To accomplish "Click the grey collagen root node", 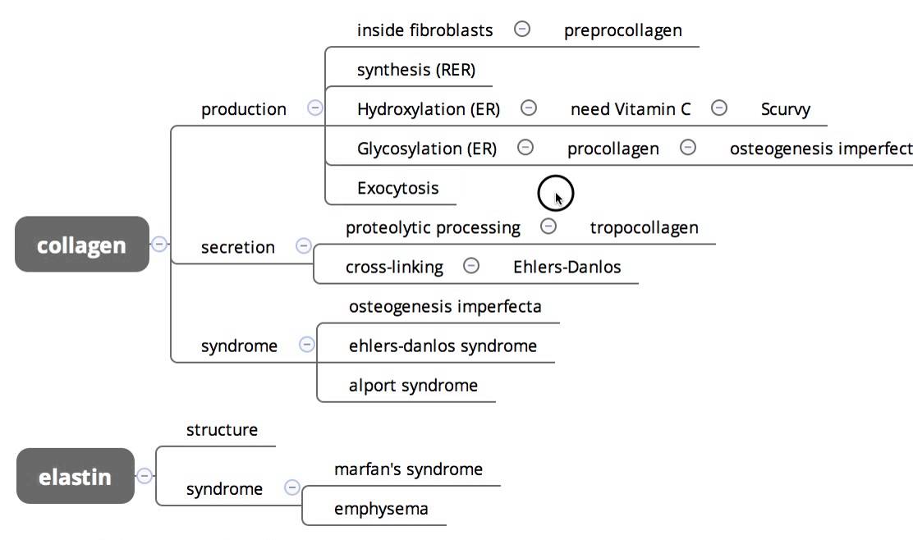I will point(82,245).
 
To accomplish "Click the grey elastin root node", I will point(75,476).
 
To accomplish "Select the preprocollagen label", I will point(622,30).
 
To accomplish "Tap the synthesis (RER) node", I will point(415,70).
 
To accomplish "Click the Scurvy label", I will point(785,109).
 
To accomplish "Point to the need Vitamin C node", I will point(631,109).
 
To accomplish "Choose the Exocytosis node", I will point(397,188).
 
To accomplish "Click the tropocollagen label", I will point(644,227).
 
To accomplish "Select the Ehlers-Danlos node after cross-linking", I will point(567,267).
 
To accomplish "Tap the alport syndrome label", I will point(413,385).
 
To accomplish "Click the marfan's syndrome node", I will point(408,469).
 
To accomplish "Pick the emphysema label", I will point(381,509).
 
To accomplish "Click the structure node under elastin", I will point(222,430).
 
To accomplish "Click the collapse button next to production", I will point(314,108).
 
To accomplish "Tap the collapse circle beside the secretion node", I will point(303,245).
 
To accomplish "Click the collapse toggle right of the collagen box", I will point(160,244).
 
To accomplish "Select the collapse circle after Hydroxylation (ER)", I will point(529,108).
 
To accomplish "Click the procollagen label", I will point(612,149).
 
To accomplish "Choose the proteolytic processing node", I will point(433,227).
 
